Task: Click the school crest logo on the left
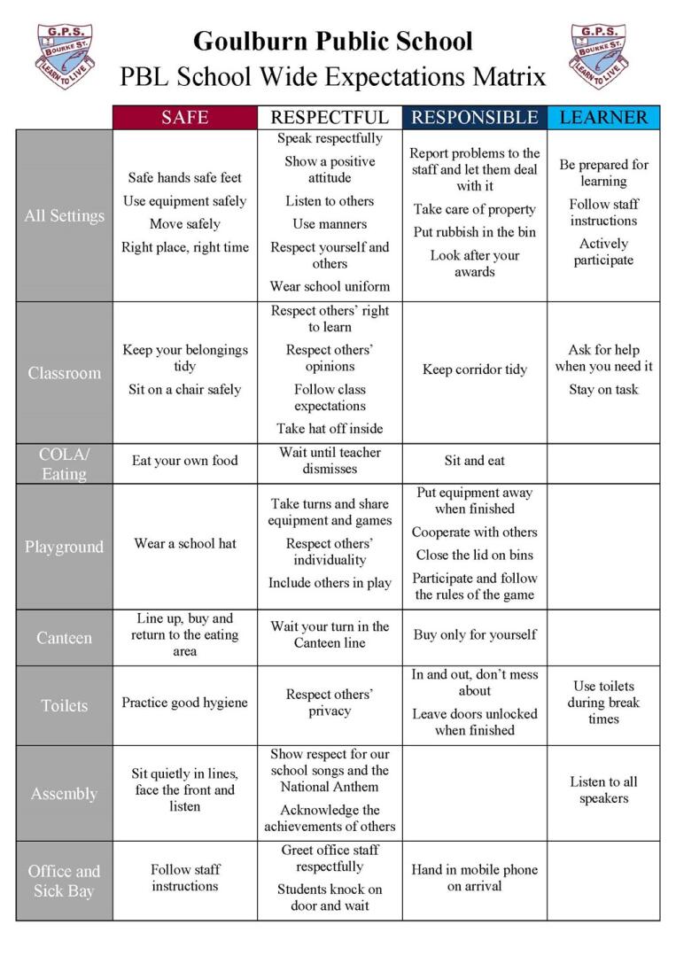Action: point(64,55)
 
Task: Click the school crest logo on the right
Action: point(597,55)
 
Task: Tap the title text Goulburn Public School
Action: point(332,41)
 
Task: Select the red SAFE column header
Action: point(184,118)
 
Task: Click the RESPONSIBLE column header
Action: point(474,118)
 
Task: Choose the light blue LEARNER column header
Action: point(603,118)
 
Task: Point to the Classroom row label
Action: point(64,373)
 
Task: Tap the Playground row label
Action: point(64,547)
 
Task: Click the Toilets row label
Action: point(64,705)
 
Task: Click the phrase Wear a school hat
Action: point(185,543)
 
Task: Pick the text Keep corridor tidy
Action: point(474,369)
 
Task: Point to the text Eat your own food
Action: point(185,461)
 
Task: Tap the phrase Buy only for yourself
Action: point(474,634)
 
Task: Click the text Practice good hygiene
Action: point(185,703)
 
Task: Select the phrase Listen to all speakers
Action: point(603,789)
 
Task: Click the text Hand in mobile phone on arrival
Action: point(474,877)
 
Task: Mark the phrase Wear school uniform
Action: point(330,286)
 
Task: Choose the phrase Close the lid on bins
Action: point(474,555)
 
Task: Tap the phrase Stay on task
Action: point(603,389)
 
